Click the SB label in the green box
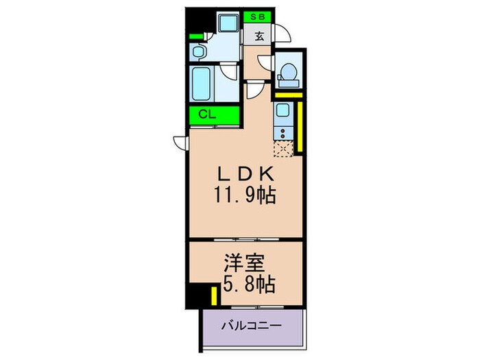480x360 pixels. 259,16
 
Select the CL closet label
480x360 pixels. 208,115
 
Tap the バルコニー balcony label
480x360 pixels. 251,327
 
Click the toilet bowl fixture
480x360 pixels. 289,71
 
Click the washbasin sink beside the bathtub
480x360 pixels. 197,51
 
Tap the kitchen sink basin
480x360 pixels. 283,110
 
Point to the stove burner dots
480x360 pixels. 282,132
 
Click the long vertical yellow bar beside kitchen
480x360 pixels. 301,125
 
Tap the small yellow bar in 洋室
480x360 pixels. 215,296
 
